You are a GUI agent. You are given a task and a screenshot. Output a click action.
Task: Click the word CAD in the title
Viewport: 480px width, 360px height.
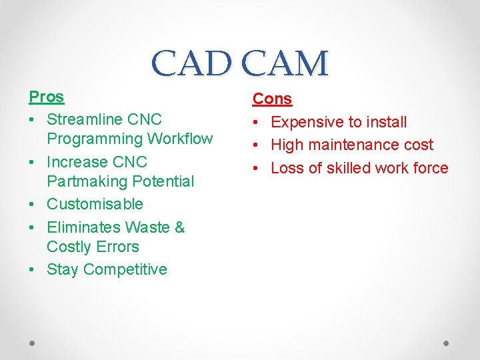click(x=193, y=64)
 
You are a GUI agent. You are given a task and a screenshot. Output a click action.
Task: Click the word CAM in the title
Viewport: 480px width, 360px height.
click(x=285, y=64)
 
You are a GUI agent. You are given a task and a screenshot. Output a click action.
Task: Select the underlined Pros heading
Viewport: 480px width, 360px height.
click(x=46, y=97)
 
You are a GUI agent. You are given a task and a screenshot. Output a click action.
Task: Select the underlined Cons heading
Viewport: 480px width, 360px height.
click(x=272, y=99)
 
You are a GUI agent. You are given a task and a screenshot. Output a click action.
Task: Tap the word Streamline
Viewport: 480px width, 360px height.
click(x=84, y=119)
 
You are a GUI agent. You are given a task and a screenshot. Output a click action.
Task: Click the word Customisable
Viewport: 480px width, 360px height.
click(x=95, y=204)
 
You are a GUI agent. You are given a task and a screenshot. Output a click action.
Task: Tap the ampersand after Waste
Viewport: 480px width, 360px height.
click(x=179, y=227)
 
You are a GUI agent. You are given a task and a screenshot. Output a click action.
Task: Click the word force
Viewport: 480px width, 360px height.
click(x=431, y=168)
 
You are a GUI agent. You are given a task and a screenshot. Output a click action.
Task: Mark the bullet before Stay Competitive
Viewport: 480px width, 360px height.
click(x=33, y=269)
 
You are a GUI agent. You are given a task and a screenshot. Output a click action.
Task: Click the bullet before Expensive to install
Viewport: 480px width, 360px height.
click(x=257, y=122)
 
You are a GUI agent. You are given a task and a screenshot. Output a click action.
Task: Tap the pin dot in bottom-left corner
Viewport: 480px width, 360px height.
click(x=32, y=343)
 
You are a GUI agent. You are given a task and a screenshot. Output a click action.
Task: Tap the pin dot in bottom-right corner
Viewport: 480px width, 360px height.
click(x=447, y=343)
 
